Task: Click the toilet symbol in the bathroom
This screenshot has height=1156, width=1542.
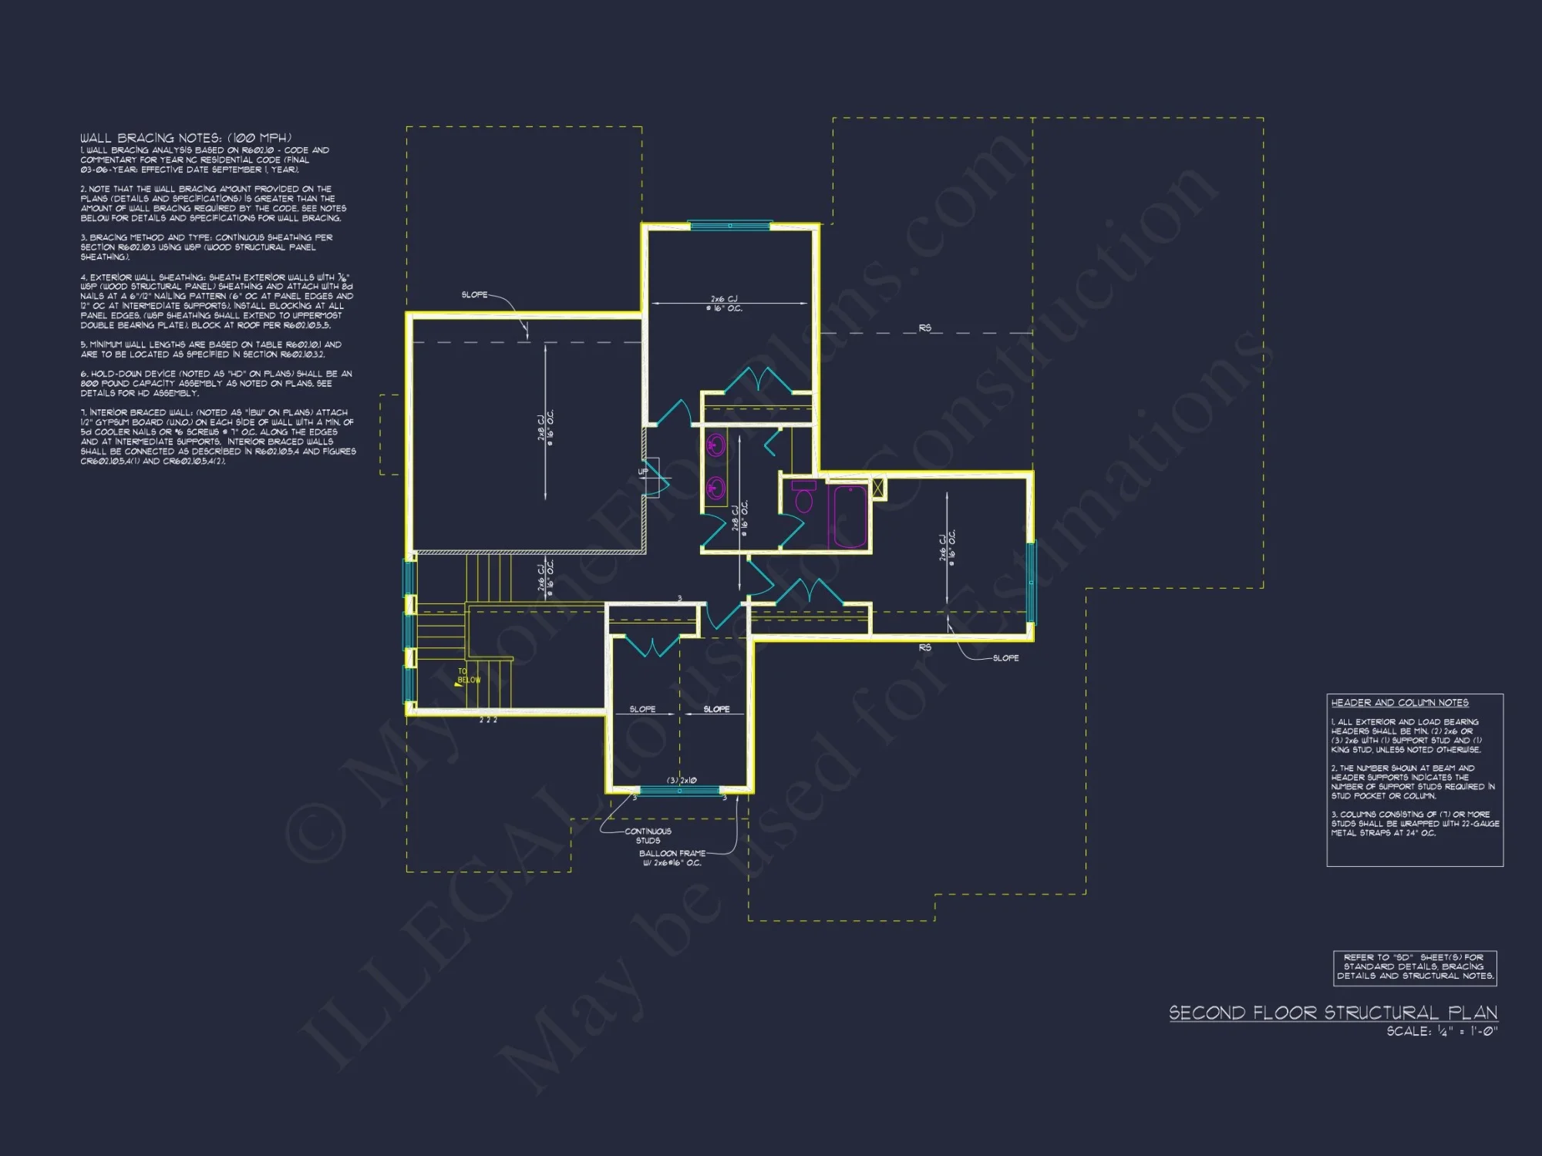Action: tap(804, 498)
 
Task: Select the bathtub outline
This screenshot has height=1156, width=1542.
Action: tap(848, 516)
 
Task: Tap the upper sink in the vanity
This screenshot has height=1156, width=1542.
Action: tap(715, 446)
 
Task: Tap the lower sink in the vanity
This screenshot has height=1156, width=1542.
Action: tap(715, 488)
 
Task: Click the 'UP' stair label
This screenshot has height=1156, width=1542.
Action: tap(643, 472)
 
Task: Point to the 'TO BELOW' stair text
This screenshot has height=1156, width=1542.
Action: tap(469, 676)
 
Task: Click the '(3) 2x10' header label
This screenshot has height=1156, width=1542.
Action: tap(682, 781)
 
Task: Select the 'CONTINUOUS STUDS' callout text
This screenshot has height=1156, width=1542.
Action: tap(648, 836)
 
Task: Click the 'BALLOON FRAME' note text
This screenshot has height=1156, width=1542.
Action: tap(672, 854)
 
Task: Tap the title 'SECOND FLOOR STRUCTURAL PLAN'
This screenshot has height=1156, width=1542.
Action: tap(1333, 1013)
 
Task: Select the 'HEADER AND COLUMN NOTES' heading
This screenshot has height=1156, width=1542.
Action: tap(1399, 703)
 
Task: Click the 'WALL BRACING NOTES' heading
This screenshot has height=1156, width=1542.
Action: tap(186, 138)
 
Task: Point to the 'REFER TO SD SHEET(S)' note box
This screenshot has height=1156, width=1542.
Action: tap(1415, 967)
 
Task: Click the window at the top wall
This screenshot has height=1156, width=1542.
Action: tap(729, 226)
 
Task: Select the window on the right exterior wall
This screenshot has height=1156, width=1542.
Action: tap(1031, 582)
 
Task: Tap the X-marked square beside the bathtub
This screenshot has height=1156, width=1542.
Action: tap(877, 489)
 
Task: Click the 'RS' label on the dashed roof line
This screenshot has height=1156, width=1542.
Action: tap(924, 328)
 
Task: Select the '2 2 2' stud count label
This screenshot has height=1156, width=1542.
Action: tap(488, 721)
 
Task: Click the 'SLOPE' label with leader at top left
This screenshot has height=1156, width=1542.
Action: tap(474, 295)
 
